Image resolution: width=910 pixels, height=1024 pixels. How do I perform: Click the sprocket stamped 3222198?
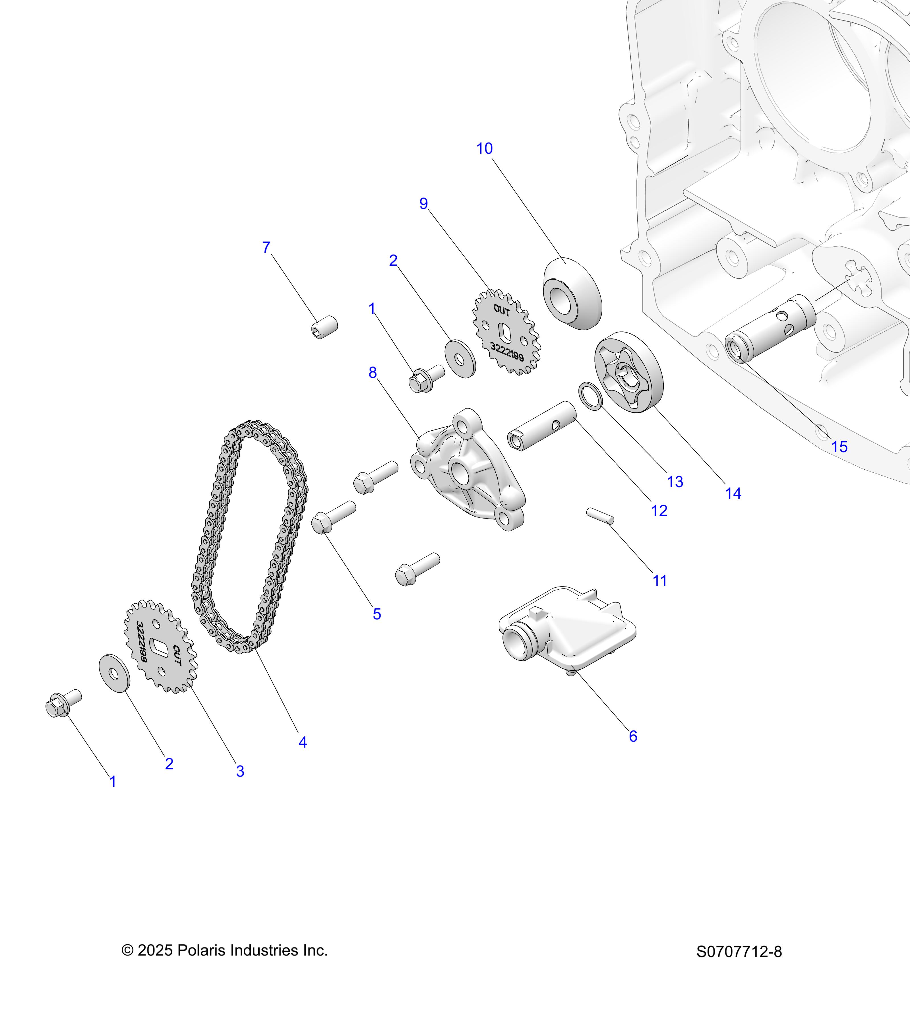[160, 646]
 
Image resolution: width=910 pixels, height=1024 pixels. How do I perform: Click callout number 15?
[839, 446]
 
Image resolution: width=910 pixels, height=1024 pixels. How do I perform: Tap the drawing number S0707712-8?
[739, 952]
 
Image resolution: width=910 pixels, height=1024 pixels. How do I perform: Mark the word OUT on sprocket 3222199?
[501, 311]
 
